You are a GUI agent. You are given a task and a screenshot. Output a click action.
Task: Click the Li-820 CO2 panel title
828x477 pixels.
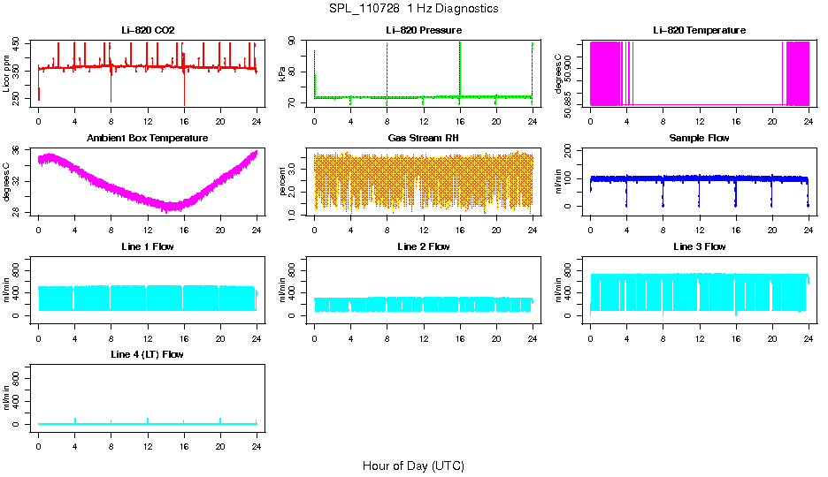tap(148, 31)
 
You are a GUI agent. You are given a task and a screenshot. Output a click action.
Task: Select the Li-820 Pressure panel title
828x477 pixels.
tap(424, 31)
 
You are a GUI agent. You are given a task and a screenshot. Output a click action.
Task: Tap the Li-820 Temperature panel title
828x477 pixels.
tap(699, 31)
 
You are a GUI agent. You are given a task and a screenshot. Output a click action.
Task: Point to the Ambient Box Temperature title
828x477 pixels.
tap(148, 139)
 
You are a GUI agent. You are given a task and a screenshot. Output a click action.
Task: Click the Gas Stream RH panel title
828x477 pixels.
tap(424, 139)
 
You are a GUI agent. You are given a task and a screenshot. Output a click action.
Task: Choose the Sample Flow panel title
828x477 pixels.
tap(699, 139)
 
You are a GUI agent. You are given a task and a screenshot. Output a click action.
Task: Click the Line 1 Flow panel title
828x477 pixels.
tap(148, 246)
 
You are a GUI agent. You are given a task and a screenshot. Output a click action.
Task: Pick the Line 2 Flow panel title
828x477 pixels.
tap(424, 246)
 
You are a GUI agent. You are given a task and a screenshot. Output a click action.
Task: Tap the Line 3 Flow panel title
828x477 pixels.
tap(699, 246)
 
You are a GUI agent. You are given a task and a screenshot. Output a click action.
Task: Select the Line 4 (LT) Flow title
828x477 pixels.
tap(148, 354)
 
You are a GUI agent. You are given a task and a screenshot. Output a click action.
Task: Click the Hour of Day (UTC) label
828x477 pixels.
tap(413, 466)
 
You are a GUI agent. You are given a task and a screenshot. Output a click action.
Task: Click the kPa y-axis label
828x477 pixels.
tap(282, 74)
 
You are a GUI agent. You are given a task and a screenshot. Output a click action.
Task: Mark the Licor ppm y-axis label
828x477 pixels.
tap(7, 74)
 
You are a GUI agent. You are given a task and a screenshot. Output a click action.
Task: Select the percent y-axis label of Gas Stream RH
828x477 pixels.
tap(282, 182)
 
